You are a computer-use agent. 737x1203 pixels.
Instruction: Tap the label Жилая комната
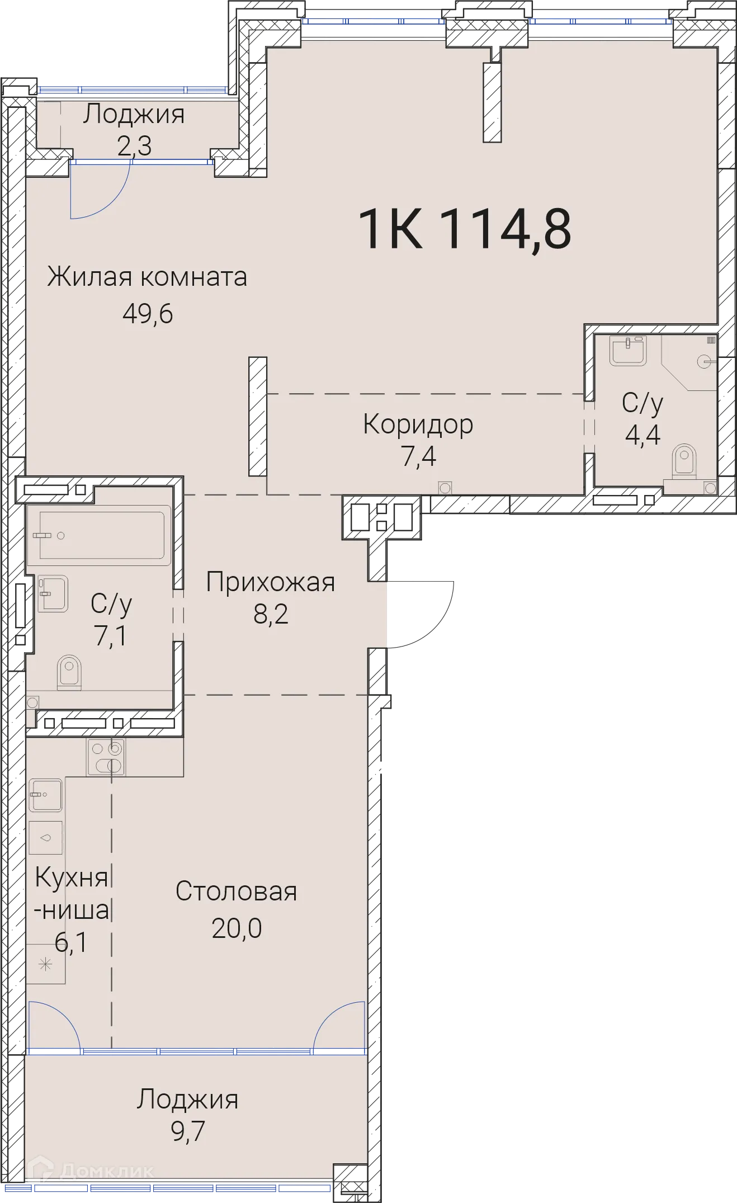coord(147,277)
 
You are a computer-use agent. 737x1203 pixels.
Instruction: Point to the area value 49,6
coord(148,314)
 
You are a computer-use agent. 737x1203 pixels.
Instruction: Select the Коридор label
coord(418,424)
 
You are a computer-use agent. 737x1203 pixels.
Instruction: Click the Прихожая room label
coord(271,582)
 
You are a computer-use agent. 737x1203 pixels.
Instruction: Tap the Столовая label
coord(236,891)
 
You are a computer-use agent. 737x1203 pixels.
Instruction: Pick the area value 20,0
coord(237,928)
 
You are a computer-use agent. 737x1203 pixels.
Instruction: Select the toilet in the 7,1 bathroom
coord(69,671)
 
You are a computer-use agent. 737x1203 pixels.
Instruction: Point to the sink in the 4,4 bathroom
coord(627,351)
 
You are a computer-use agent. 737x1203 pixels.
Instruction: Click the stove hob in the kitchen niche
coord(106,758)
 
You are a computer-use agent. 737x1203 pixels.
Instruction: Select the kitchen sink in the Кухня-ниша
coord(46,795)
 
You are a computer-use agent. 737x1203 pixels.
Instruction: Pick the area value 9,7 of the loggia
coord(188,1131)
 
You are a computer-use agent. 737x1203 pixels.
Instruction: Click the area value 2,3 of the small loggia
coord(134,146)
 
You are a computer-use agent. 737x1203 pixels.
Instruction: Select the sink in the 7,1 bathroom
coord(53,593)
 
